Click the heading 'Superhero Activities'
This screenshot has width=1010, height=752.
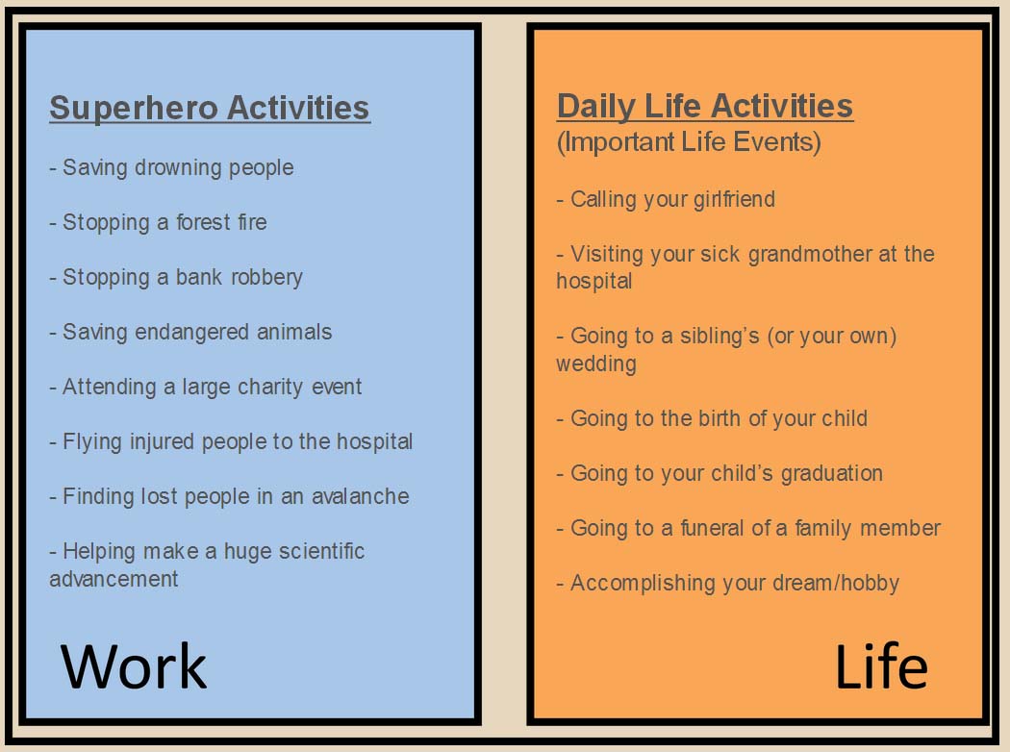210,108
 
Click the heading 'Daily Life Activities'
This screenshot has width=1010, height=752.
705,107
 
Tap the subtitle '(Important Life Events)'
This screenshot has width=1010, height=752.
689,142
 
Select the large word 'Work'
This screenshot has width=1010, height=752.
134,666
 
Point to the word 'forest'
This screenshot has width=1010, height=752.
203,222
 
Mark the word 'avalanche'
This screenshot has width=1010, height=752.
360,496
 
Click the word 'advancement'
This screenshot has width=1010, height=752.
114,579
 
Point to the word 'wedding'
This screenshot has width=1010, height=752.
596,364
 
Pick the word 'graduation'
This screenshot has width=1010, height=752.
832,474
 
